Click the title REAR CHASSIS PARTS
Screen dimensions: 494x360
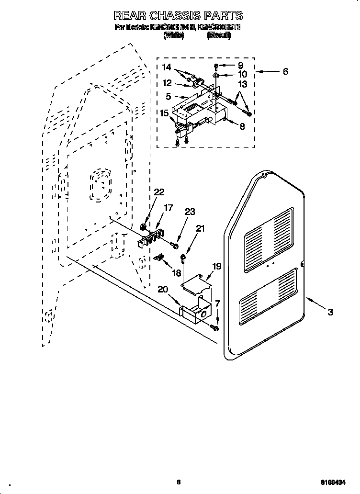click(x=178, y=16)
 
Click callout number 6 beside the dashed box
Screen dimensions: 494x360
click(x=285, y=72)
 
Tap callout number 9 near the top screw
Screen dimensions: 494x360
click(x=240, y=65)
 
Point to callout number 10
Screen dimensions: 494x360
click(x=242, y=74)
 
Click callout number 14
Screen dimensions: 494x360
click(x=166, y=68)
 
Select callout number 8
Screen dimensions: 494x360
click(x=242, y=127)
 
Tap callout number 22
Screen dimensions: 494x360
click(x=159, y=192)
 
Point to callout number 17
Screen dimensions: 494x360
click(x=168, y=208)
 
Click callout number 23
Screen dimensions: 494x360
click(x=190, y=213)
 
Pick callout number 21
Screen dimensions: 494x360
click(x=200, y=229)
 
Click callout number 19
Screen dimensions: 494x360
click(x=216, y=266)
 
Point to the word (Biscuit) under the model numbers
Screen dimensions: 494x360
click(x=219, y=35)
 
